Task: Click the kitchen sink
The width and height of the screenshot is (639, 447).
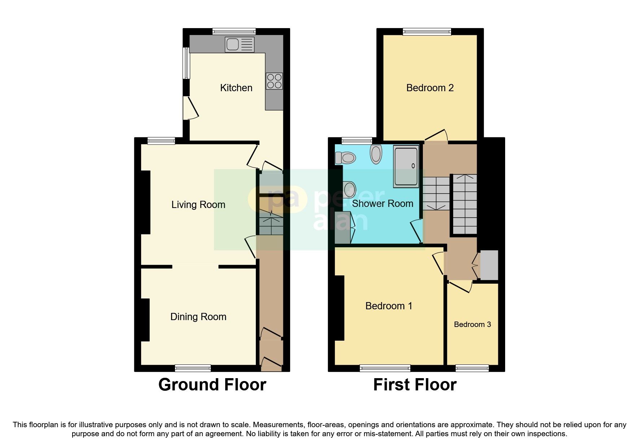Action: tap(239, 45)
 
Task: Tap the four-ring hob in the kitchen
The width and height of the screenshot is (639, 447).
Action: tap(274, 81)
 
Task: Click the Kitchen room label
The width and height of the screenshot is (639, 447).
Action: tap(236, 88)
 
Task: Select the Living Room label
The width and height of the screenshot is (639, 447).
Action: tap(198, 205)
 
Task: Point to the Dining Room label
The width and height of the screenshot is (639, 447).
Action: tap(198, 317)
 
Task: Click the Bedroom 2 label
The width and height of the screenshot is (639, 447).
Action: tap(430, 88)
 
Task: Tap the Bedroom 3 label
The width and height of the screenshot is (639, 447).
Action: tap(472, 324)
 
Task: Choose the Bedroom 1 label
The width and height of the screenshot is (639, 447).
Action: tap(389, 306)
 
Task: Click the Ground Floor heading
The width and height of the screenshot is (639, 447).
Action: tap(212, 385)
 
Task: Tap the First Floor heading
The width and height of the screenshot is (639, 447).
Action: tap(415, 385)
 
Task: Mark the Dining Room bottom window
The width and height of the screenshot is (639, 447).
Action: tap(193, 368)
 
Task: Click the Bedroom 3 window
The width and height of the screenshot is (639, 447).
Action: tap(472, 368)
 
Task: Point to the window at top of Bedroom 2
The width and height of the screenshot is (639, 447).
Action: tap(427, 32)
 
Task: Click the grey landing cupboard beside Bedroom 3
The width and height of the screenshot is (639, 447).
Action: tap(489, 265)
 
